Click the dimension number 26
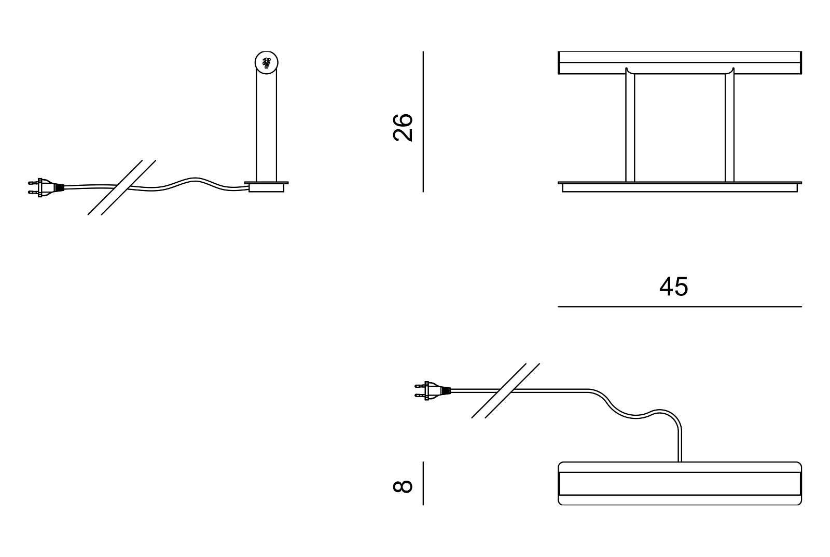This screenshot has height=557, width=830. click(x=403, y=127)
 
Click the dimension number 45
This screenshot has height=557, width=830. click(x=673, y=287)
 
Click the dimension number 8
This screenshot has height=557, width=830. click(x=403, y=486)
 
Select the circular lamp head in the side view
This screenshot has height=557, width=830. click(x=267, y=63)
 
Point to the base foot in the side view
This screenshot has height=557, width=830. click(x=267, y=186)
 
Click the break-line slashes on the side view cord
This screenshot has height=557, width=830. click(x=122, y=187)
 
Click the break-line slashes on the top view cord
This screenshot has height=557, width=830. click(x=506, y=390)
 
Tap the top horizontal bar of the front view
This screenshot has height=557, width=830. click(x=680, y=62)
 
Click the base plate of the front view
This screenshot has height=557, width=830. click(x=680, y=187)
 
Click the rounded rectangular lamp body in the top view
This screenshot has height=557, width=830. click(x=680, y=483)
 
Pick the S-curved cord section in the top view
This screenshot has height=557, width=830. click(x=622, y=410)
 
